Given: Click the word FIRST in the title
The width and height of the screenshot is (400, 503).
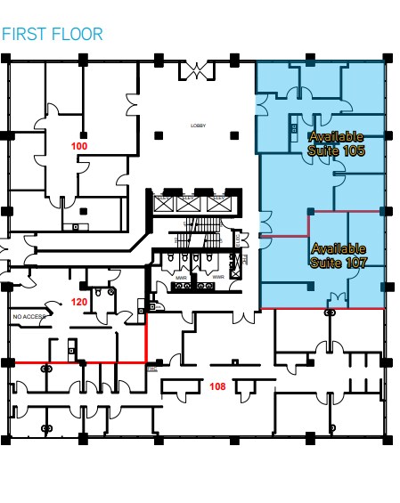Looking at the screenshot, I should pyautogui.click(x=26, y=35).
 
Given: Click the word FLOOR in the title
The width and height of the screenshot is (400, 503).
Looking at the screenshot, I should pyautogui.click(x=78, y=35).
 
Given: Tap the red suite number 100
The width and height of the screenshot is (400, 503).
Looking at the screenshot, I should pyautogui.click(x=79, y=144).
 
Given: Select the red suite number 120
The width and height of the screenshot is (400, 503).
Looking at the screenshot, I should pyautogui.click(x=78, y=302).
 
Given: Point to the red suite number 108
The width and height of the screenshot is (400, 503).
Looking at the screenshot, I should pyautogui.click(x=216, y=386).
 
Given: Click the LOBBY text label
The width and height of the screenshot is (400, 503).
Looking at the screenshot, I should pyautogui.click(x=198, y=126).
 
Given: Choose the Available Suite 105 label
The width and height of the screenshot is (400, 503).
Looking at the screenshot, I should pyautogui.click(x=336, y=143).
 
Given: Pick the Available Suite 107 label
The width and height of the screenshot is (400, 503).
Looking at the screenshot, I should pyautogui.click(x=339, y=256).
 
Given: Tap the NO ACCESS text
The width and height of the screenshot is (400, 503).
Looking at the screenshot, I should pyautogui.click(x=28, y=316).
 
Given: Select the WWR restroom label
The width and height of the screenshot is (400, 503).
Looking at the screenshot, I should pyautogui.click(x=218, y=276).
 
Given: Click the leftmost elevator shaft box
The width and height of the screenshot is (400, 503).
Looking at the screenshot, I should pyautogui.click(x=163, y=204).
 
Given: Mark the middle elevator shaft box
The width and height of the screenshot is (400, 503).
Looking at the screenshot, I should pyautogui.click(x=188, y=204).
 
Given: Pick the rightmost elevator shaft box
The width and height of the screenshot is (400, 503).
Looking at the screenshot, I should pyautogui.click(x=214, y=204).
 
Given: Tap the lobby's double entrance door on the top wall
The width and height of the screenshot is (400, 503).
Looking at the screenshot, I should pyautogui.click(x=197, y=68).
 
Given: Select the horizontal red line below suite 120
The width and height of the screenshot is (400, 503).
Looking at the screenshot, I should pyautogui.click(x=76, y=362).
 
